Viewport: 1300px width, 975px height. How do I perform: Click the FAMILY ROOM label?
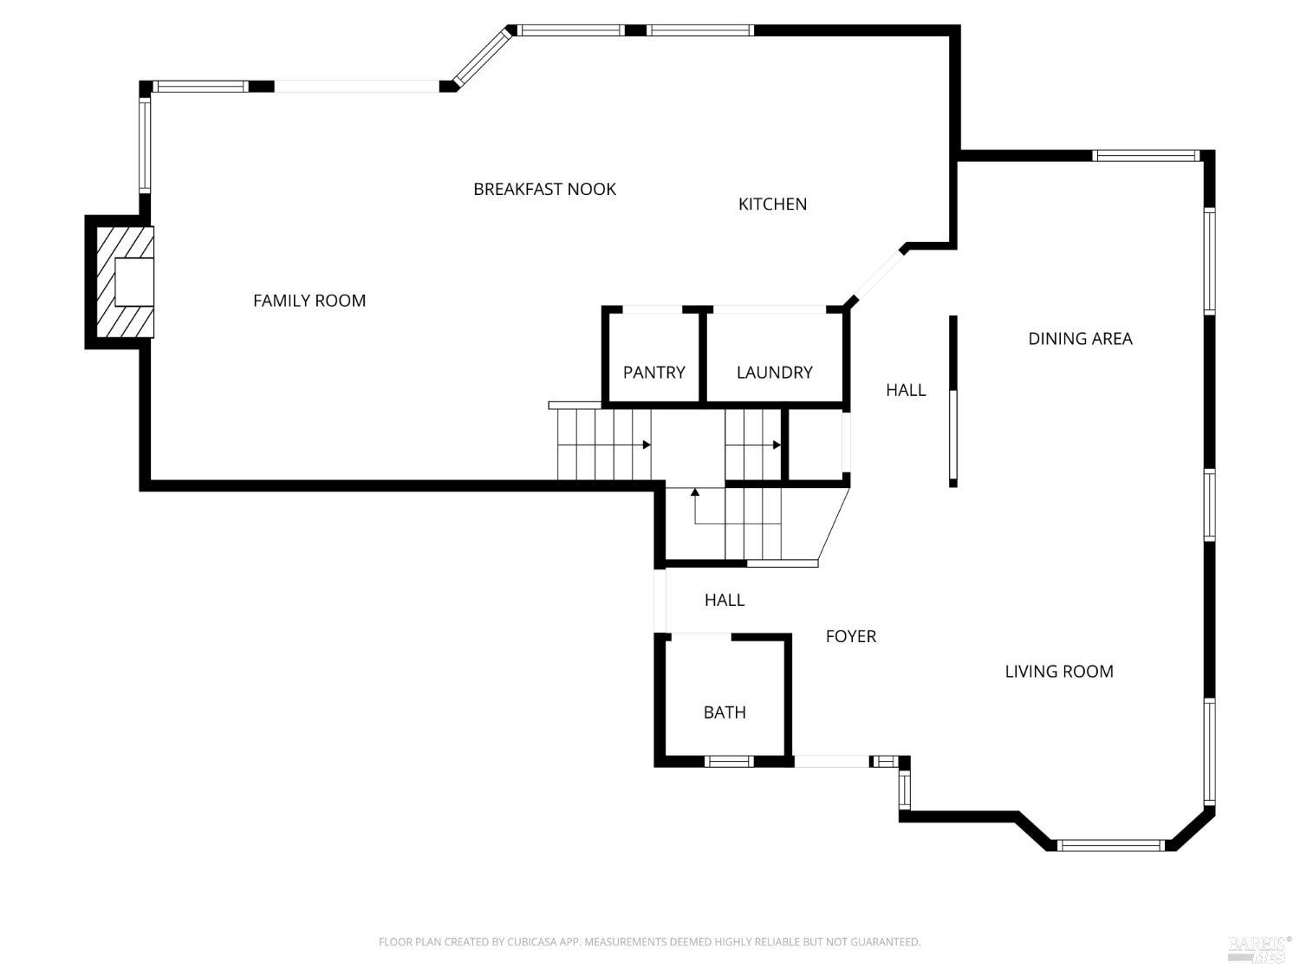tap(309, 301)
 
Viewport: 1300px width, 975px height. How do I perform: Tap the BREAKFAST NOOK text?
tap(544, 189)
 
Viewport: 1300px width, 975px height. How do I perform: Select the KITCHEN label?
tap(772, 204)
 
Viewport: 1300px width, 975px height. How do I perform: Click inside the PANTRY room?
tap(653, 372)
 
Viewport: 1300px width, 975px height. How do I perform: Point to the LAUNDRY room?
tap(774, 372)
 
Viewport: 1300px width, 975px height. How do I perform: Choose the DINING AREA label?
tap(1080, 339)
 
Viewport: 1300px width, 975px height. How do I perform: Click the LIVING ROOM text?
tap(1058, 671)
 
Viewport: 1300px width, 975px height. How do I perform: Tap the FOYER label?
tap(850, 636)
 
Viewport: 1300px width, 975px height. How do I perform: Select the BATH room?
tap(725, 712)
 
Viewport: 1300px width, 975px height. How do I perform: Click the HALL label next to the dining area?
tap(906, 390)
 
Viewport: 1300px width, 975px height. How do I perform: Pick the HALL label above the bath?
tap(724, 600)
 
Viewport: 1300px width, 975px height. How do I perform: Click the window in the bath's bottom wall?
tap(728, 762)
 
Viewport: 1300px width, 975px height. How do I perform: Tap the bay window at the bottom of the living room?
tap(1110, 845)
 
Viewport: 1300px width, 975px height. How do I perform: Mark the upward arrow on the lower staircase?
tap(695, 493)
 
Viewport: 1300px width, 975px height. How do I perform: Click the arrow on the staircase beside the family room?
tap(647, 445)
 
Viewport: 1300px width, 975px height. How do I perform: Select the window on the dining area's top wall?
tap(1145, 156)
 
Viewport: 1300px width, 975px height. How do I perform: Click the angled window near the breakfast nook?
tap(483, 58)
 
